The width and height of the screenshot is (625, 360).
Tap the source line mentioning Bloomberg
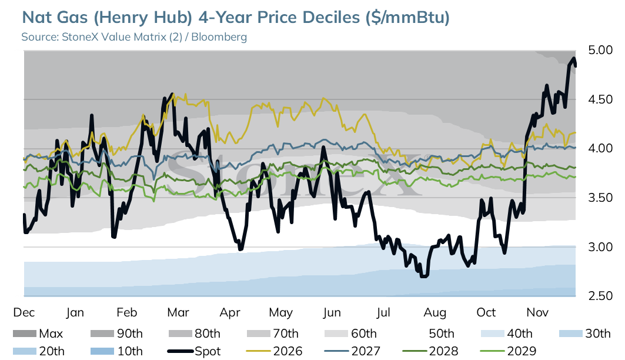(x=134, y=37)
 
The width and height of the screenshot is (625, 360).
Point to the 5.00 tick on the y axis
(x=600, y=50)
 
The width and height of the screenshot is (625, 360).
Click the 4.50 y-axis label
(x=600, y=99)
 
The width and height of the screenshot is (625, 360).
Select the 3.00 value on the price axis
(x=600, y=247)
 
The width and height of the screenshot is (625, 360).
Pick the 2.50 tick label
(x=600, y=296)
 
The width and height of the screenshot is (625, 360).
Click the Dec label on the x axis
(x=24, y=312)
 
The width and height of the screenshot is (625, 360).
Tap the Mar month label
(x=178, y=312)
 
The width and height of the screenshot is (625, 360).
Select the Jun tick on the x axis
(x=332, y=312)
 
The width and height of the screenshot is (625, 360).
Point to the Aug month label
(x=435, y=312)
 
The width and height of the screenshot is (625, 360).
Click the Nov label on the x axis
(x=537, y=312)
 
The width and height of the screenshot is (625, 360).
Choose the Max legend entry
(x=38, y=334)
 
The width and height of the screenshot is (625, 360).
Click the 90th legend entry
(x=116, y=334)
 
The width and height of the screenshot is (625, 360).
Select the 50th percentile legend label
(x=442, y=334)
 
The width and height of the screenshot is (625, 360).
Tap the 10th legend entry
(x=116, y=351)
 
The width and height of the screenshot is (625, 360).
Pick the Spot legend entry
(x=194, y=351)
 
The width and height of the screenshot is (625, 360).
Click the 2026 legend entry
(x=274, y=351)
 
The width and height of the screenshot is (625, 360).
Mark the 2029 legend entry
(x=508, y=351)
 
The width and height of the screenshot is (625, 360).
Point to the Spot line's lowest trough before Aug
(x=424, y=276)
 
